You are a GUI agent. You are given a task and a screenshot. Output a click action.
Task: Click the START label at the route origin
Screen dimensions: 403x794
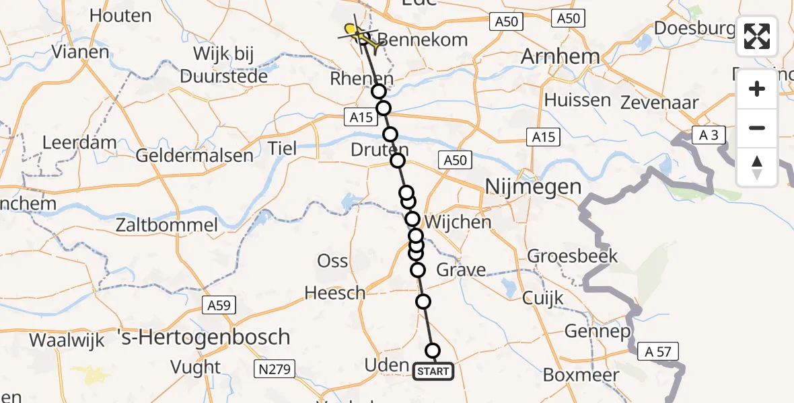coord(433,371)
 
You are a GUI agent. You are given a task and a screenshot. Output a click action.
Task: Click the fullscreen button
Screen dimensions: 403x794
coord(757,36)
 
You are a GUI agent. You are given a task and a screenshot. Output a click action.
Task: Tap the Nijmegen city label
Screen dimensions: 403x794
coord(533,186)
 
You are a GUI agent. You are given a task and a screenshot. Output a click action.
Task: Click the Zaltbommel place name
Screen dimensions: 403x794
coord(166,225)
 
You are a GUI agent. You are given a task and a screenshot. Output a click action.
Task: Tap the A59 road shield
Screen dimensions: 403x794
coord(218,306)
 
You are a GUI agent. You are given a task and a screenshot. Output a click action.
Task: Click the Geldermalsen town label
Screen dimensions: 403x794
coord(194,156)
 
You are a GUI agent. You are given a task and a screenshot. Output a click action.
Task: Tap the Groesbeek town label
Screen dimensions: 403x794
coord(563,256)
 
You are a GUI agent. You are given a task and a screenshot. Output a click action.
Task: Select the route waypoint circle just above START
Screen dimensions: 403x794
coord(433,351)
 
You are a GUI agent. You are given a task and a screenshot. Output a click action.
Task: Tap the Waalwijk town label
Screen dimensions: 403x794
coord(67,340)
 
